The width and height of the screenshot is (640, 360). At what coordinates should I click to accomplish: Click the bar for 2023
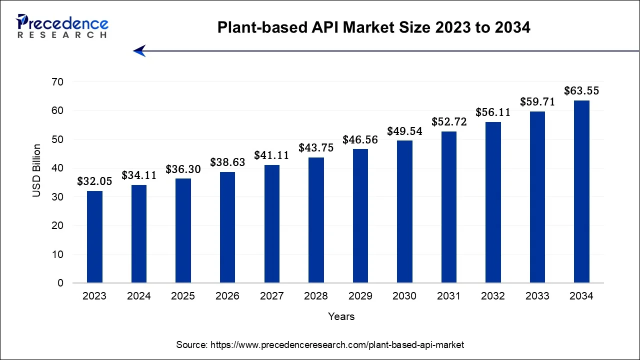click(94, 237)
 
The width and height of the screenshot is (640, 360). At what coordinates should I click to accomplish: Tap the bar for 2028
click(316, 220)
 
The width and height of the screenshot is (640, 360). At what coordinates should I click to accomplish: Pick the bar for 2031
click(449, 207)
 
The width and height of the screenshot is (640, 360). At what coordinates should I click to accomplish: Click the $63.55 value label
click(581, 91)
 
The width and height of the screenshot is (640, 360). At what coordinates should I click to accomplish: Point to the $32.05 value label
click(94, 181)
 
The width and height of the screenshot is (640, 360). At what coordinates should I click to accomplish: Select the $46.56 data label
click(360, 140)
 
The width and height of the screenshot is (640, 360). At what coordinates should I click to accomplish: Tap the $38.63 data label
click(227, 162)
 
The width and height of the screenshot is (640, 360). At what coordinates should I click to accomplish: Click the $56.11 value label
click(493, 112)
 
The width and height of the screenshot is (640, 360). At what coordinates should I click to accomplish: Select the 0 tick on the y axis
click(60, 283)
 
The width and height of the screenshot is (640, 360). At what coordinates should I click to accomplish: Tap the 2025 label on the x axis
click(183, 296)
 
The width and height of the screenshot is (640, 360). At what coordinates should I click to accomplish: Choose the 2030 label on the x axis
click(404, 296)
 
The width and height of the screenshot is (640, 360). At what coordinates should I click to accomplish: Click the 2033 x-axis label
click(537, 296)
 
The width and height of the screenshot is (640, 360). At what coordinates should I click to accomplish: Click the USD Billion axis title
click(37, 170)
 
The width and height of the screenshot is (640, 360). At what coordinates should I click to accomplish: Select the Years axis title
click(341, 316)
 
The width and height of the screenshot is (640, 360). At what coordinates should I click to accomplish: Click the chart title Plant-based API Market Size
click(373, 28)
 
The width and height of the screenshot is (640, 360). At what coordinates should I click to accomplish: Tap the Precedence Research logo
click(62, 26)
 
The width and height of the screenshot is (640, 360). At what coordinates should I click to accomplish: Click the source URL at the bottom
click(320, 344)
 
